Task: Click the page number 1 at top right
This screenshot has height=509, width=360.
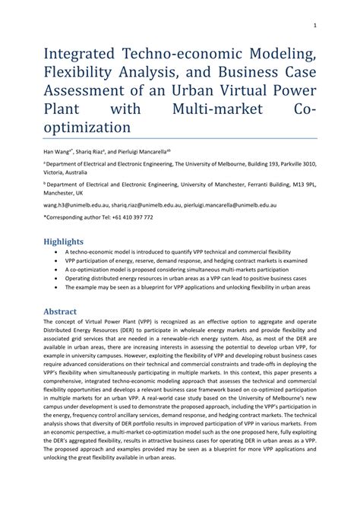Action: click(x=314, y=24)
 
